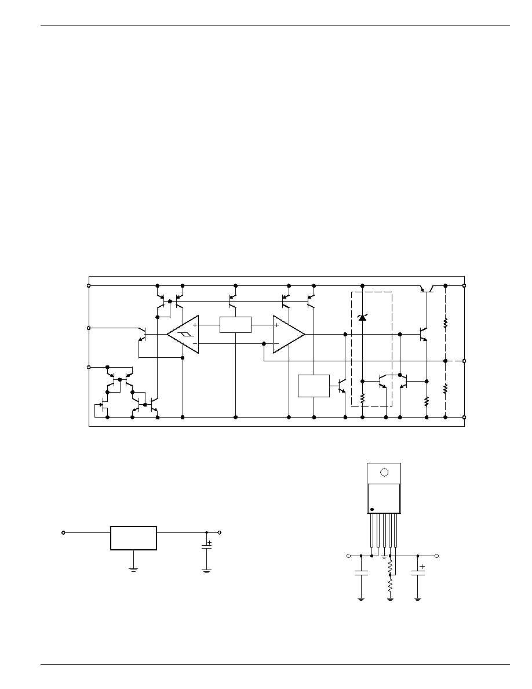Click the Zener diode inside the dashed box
pyautogui.click(x=363, y=317)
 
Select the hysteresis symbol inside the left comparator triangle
pyautogui.click(x=183, y=335)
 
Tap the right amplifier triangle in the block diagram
pyautogui.click(x=286, y=335)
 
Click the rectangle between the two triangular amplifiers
pyautogui.click(x=235, y=325)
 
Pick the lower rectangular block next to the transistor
pyautogui.click(x=313, y=386)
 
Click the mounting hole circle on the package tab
pyautogui.click(x=384, y=472)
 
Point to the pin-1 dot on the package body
pyautogui.click(x=372, y=509)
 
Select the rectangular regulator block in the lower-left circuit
pyautogui.click(x=133, y=538)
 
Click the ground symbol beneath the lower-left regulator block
pyautogui.click(x=133, y=570)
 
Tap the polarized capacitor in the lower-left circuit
pyautogui.click(x=206, y=546)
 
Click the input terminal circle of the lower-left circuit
pyautogui.click(x=64, y=532)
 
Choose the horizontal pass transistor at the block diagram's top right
pyautogui.click(x=429, y=288)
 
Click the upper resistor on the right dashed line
pyautogui.click(x=445, y=323)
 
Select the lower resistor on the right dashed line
pyautogui.click(x=445, y=389)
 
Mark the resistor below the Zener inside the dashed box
pyautogui.click(x=363, y=399)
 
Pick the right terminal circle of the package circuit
pyautogui.click(x=437, y=556)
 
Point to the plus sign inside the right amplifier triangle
pyautogui.click(x=277, y=325)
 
